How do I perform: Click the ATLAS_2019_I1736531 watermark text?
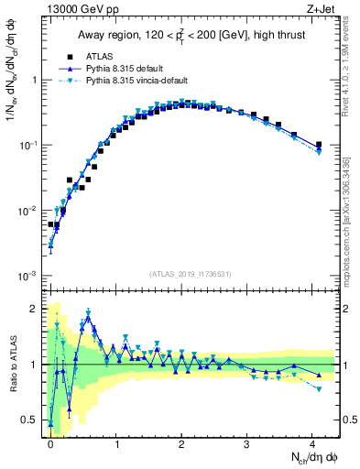point(191,273)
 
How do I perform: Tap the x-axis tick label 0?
point(50,442)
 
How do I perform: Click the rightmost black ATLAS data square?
point(318,145)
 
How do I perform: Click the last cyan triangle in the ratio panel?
point(318,389)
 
